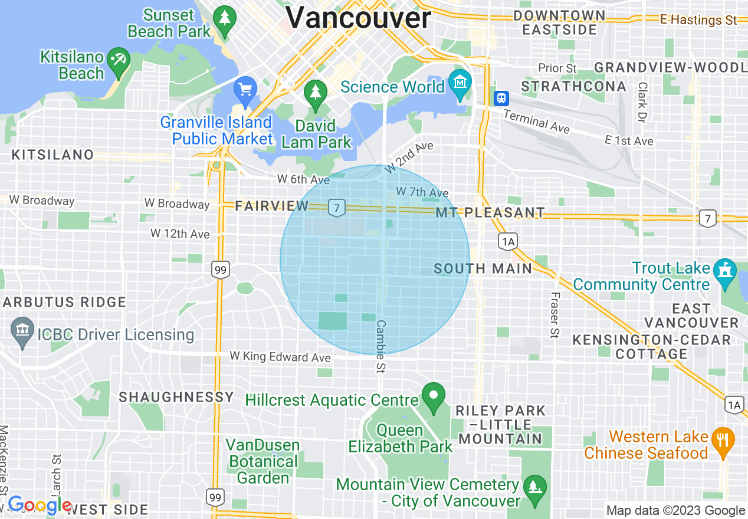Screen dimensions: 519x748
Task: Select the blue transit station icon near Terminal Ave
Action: tap(501, 97)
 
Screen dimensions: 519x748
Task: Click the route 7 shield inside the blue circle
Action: tap(336, 208)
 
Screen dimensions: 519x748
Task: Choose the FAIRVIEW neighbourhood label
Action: tap(271, 206)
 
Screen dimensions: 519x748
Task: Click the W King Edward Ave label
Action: tap(280, 357)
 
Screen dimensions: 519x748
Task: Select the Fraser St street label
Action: tap(555, 316)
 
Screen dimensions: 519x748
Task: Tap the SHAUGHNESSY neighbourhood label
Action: tap(176, 397)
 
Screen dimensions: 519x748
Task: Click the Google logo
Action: tap(40, 505)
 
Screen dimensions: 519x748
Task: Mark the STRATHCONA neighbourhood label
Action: tap(573, 87)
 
